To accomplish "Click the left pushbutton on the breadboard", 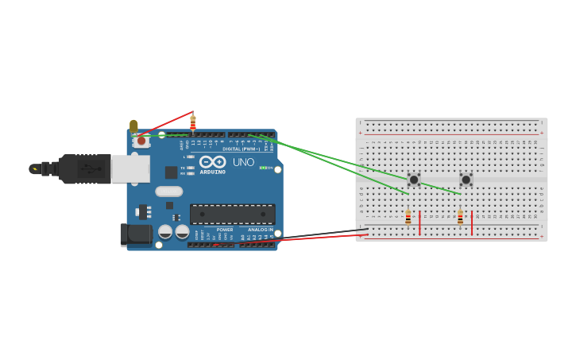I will click(x=413, y=180).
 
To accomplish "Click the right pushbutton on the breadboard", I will click(x=466, y=180).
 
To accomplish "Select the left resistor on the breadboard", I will click(x=408, y=217).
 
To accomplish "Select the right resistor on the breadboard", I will click(x=460, y=217).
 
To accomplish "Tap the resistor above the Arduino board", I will click(x=193, y=124).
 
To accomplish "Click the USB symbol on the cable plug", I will click(x=90, y=169).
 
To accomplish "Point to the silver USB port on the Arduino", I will click(x=130, y=168).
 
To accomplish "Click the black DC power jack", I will click(x=136, y=234).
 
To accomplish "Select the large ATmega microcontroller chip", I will click(x=233, y=214).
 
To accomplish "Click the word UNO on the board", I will click(x=243, y=162).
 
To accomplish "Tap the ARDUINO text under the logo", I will click(x=212, y=172).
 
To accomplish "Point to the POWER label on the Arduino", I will click(x=225, y=230).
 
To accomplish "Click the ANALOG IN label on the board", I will click(x=260, y=230).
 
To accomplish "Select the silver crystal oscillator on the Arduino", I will click(x=169, y=191).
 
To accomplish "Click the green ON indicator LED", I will click(x=262, y=168).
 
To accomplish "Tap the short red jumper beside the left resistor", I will click(x=419, y=223).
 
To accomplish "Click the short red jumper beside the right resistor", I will click(x=472, y=223).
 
